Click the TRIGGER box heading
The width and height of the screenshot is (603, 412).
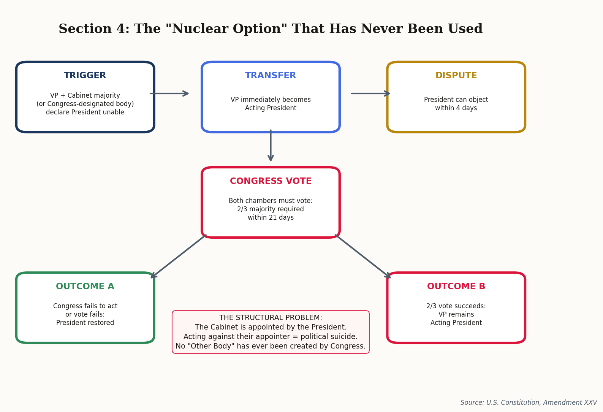[x=85, y=76]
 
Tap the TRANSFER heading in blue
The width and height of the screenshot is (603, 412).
[x=271, y=76]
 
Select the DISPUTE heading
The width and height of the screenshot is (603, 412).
[x=456, y=76]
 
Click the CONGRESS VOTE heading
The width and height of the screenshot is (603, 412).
[x=271, y=181]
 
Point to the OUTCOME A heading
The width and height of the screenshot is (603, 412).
[x=85, y=287]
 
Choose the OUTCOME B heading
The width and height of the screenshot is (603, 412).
[x=456, y=287]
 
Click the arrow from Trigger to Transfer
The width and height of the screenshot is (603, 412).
[x=169, y=93]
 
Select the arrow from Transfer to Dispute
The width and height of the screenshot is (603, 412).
[x=370, y=93]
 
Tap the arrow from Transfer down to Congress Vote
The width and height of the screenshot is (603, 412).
[x=271, y=145]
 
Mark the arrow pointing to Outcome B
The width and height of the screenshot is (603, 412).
[x=363, y=256]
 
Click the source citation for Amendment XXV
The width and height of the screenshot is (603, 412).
[x=529, y=402]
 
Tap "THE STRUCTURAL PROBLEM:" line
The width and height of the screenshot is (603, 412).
[x=271, y=318]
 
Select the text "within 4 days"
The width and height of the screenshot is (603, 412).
[x=456, y=108]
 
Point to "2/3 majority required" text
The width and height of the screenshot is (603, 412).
[x=271, y=209]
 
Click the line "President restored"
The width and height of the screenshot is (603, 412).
[x=85, y=323]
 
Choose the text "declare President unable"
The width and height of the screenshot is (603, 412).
[x=85, y=113]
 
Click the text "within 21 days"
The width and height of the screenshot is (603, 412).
[x=271, y=218]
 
